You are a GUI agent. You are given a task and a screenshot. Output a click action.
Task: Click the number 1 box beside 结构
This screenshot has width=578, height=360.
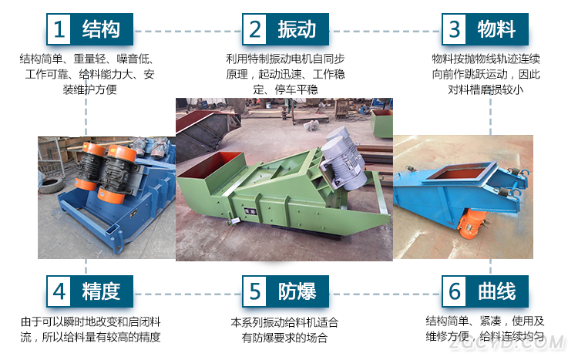point(59,29)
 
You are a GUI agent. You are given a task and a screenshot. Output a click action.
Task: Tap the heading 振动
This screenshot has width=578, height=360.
point(297,29)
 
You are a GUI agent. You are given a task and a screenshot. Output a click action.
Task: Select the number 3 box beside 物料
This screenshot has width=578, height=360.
point(455,29)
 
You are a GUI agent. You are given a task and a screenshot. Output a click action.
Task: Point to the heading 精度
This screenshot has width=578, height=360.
point(101,291)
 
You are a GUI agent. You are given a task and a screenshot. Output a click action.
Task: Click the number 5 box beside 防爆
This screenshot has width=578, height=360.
point(255,291)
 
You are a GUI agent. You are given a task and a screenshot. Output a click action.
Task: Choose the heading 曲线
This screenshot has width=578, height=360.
point(496,291)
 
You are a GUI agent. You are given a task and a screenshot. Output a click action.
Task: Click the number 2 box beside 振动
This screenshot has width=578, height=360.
point(255,29)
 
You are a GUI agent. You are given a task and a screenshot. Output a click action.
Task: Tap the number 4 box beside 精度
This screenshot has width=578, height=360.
point(59,291)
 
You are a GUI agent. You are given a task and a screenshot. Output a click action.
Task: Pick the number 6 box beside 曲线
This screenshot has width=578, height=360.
point(455,291)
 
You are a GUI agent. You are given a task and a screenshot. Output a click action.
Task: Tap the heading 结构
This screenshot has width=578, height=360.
point(101,29)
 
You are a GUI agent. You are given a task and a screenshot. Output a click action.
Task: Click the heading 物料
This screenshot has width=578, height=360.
point(496,29)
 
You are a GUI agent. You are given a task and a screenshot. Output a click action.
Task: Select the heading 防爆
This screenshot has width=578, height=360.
point(297,291)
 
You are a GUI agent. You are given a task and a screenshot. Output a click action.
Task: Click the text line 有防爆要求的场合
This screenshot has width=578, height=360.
point(284,338)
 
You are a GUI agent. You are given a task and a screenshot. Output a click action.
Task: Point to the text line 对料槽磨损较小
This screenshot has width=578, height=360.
point(486,89)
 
